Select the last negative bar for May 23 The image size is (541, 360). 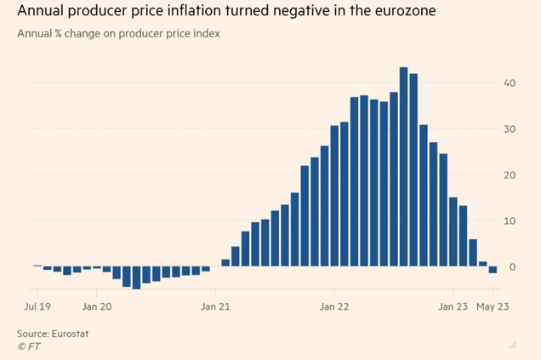(x=493, y=269)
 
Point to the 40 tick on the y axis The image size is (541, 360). (x=509, y=83)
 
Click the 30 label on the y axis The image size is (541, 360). (x=509, y=129)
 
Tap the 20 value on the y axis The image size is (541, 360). (x=509, y=174)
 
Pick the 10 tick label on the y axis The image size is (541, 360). (x=509, y=220)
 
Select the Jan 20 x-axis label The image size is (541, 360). (x=97, y=304)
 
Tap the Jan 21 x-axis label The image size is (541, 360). (x=216, y=304)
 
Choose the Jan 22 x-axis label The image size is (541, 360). (x=333, y=304)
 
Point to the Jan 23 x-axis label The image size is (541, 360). (x=453, y=304)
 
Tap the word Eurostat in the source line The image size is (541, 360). (x=69, y=333)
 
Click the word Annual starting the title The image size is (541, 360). (x=40, y=13)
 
